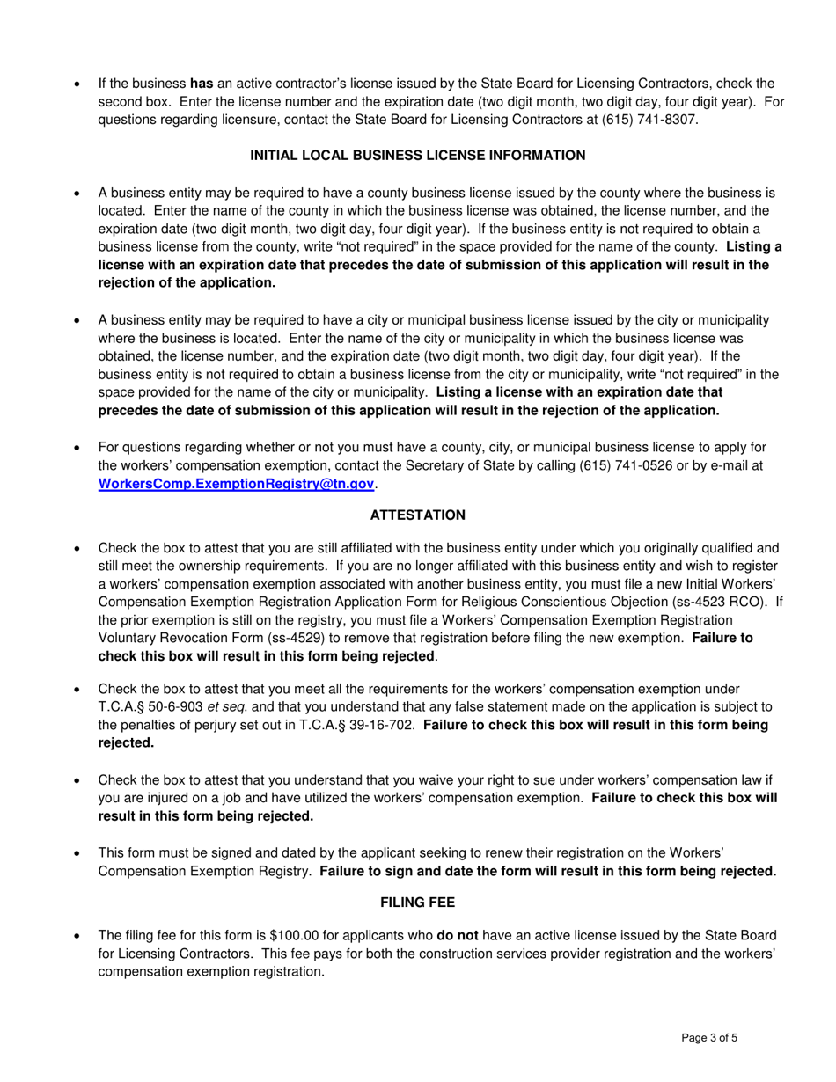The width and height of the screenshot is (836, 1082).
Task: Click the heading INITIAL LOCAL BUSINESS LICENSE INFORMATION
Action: pos(418,156)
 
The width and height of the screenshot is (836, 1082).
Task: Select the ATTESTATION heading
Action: pos(418,515)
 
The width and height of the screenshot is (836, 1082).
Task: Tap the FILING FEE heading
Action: pos(418,903)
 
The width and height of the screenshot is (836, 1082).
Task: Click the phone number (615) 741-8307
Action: pos(631,121)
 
